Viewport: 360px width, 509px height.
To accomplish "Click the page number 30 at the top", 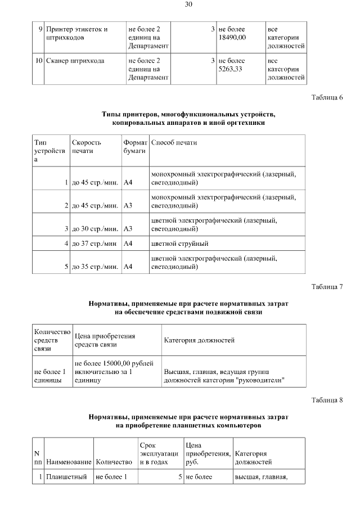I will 188,5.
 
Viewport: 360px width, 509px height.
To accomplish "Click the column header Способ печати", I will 174,143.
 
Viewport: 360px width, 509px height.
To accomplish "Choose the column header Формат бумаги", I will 135,147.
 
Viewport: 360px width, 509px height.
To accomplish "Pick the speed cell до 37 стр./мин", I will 94,244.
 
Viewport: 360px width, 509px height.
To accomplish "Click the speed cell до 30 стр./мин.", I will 94,229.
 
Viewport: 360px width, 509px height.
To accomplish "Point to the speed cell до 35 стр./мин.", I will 94,267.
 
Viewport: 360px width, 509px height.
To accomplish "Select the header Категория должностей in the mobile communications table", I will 199,340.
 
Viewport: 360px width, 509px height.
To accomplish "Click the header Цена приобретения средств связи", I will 105,340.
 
